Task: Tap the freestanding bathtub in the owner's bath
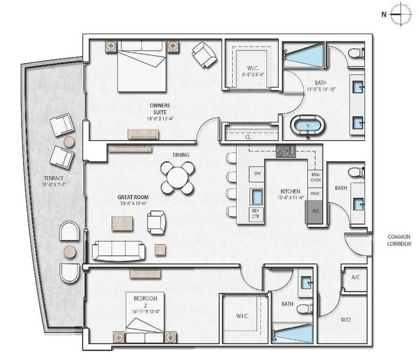(307, 127)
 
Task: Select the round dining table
(178, 178)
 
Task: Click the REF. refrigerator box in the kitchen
(314, 212)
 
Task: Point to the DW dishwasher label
(258, 174)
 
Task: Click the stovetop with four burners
(286, 151)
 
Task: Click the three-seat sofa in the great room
(118, 250)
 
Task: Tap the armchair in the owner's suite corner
(204, 55)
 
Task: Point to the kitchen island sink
(257, 197)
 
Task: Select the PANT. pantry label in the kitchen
(315, 194)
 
